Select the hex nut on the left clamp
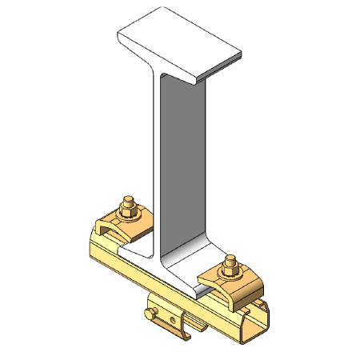pos(128,212)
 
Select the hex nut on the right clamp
pos(230,273)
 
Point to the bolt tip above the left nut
pos(126,200)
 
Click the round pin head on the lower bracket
pos(149,312)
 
